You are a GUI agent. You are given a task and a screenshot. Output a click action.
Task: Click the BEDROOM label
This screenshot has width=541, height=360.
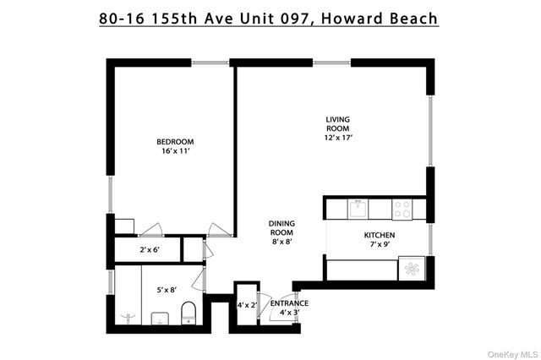(175, 141)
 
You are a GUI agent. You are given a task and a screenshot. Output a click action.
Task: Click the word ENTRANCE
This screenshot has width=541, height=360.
(289, 303)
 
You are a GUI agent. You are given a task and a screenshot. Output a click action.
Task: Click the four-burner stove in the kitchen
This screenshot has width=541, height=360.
(402, 208)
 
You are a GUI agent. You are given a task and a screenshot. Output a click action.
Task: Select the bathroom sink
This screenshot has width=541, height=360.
(159, 319)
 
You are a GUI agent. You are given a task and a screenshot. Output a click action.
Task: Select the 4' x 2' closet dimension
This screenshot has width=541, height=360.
(246, 304)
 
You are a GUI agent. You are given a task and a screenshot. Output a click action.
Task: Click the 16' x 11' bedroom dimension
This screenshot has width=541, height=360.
(175, 151)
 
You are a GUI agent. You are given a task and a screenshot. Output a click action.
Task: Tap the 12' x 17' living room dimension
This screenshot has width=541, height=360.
(337, 137)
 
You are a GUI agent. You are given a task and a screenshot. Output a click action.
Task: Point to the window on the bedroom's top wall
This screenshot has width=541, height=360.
(210, 62)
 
